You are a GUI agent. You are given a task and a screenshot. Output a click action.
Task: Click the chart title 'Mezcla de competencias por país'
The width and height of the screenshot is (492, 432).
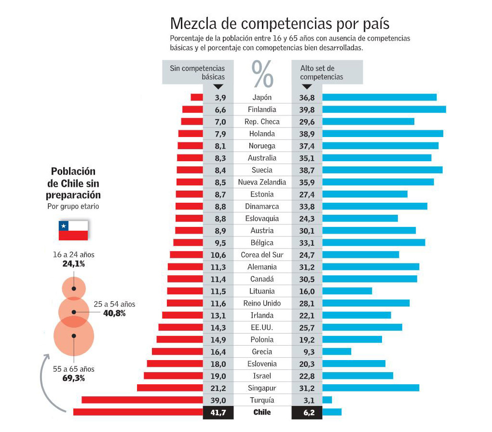pos(279,24)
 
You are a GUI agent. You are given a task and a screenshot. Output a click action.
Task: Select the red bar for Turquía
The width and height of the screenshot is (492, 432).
pos(142,400)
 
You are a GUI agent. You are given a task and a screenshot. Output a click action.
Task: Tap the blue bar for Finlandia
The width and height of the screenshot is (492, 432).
pos(383,110)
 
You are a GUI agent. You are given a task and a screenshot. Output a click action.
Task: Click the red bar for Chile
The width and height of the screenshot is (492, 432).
pos(138,412)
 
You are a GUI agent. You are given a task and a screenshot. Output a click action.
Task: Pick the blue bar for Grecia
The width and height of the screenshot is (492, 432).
pos(336,351)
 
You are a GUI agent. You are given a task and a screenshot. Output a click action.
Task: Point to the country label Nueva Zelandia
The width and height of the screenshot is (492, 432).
pos(262,182)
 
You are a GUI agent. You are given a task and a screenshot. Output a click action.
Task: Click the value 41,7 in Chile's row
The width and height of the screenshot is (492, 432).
pos(219,412)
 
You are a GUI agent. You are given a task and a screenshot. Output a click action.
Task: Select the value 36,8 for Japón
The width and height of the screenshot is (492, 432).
pos(306,98)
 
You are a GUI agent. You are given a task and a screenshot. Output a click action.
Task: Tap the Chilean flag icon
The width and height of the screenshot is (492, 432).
pos(73,230)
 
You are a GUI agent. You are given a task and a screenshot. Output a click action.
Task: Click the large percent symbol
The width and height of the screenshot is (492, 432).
pos(262,73)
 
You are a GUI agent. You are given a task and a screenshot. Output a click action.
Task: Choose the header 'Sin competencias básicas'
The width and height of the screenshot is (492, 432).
pos(197,72)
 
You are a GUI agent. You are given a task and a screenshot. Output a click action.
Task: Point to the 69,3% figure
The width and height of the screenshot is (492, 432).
pos(73,378)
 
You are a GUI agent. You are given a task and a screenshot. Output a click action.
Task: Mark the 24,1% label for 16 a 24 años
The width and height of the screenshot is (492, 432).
pos(73,264)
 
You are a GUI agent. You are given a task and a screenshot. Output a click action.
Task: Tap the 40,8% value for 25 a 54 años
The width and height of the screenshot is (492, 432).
pos(114,313)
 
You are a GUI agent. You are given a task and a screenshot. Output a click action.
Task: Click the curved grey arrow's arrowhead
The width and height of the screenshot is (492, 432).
pos(48,357)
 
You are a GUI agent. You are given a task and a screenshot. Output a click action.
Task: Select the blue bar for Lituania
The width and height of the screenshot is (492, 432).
pos(347,291)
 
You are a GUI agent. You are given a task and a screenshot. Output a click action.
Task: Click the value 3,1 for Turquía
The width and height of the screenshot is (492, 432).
pos(306,400)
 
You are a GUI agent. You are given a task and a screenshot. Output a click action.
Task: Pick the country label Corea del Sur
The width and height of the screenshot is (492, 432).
pos(262,255)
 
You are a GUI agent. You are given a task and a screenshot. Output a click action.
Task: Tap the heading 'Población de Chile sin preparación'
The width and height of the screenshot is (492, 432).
pos(73,183)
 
